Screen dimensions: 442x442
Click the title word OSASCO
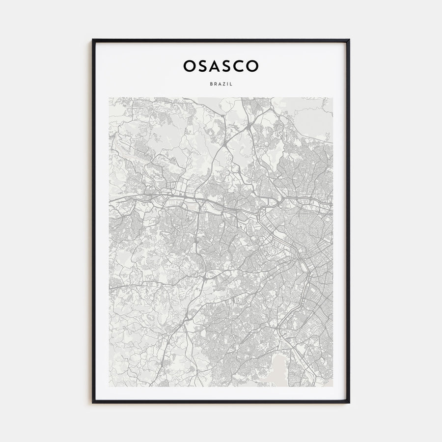[221, 66]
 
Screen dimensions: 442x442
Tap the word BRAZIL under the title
[221, 84]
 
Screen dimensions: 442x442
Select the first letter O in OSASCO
[190, 66]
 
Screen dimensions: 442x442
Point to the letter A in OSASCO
[215, 66]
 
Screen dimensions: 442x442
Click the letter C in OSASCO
[240, 66]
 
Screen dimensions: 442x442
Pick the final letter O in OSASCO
[252, 66]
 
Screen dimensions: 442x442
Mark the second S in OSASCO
[227, 66]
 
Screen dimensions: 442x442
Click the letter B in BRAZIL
[211, 84]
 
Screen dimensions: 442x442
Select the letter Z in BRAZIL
[222, 84]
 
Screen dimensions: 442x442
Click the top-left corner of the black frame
[93, 40]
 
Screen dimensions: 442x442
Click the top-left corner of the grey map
[110, 98]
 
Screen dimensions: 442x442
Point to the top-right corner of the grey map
[332, 98]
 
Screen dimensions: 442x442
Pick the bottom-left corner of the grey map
[110, 386]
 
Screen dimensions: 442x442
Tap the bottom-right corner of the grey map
[332, 386]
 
